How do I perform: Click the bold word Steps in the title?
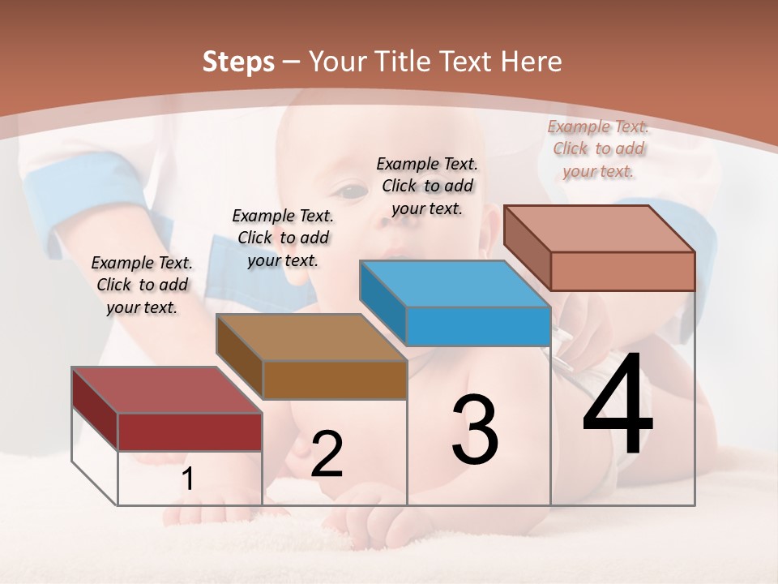tap(238, 62)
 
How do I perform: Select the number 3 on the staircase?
tap(475, 430)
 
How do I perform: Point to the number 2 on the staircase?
tap(327, 454)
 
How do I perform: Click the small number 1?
tap(187, 479)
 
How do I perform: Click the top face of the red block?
tap(166, 389)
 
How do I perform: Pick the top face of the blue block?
tap(455, 284)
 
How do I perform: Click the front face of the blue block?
tap(478, 327)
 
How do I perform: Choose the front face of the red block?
tap(190, 432)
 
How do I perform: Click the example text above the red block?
tap(142, 285)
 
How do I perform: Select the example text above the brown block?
tap(283, 238)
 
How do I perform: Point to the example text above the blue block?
tap(427, 186)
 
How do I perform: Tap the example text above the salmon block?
tap(598, 148)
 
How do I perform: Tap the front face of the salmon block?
tap(622, 271)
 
